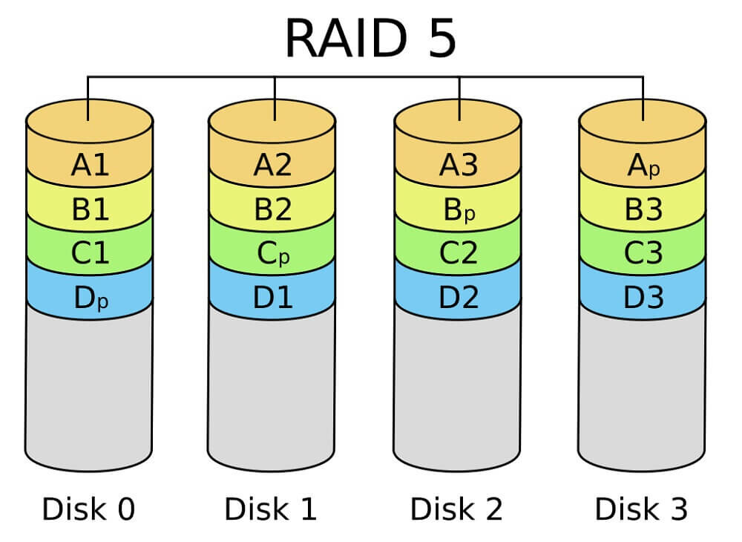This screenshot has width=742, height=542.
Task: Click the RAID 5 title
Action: pyautogui.click(x=370, y=38)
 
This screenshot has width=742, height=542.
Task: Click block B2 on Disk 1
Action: pyautogui.click(x=272, y=210)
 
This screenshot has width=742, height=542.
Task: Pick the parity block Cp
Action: pyautogui.click(x=272, y=254)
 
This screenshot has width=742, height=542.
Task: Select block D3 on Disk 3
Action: pyautogui.click(x=643, y=298)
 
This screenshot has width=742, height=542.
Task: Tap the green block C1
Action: pyautogui.click(x=90, y=254)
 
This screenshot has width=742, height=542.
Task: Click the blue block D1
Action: pyautogui.click(x=272, y=298)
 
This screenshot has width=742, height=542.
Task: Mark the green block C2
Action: pyautogui.click(x=458, y=254)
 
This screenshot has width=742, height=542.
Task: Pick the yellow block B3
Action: pyautogui.click(x=643, y=210)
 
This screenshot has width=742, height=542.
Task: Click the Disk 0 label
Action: pyautogui.click(x=88, y=509)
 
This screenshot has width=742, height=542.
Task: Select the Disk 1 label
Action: pyautogui.click(x=271, y=509)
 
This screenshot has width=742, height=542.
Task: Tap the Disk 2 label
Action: pyautogui.click(x=456, y=509)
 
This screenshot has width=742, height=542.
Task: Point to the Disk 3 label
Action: pyautogui.click(x=641, y=509)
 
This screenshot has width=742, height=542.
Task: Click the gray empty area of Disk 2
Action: pyautogui.click(x=457, y=386)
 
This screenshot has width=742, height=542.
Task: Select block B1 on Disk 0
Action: pyautogui.click(x=90, y=210)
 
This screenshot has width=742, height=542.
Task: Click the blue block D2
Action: pyautogui.click(x=458, y=298)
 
